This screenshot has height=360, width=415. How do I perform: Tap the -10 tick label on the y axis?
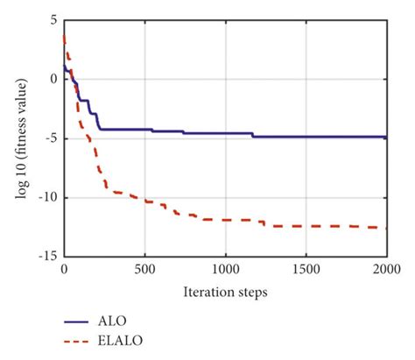49,197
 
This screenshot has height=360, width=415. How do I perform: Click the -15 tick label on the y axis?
49,257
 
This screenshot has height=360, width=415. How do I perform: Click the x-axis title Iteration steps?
225,290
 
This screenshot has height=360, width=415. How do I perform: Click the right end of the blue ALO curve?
386,138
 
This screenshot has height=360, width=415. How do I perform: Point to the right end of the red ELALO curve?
386,228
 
